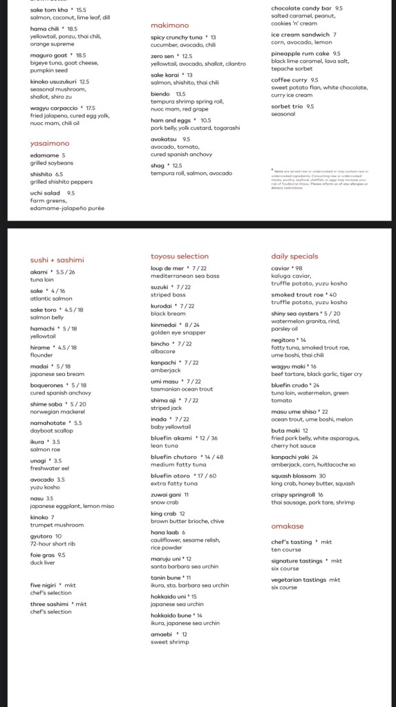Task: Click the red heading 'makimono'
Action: (170, 25)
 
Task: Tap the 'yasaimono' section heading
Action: (50, 144)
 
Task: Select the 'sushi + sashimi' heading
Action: (57, 260)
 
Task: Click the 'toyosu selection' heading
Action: (180, 256)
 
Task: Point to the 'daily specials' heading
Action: (294, 256)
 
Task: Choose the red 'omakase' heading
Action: (288, 527)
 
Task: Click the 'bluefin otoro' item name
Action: (172, 475)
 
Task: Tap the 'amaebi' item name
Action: (162, 634)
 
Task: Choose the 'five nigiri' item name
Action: (44, 585)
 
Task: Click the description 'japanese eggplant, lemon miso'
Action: (72, 506)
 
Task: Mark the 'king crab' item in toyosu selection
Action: (164, 513)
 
